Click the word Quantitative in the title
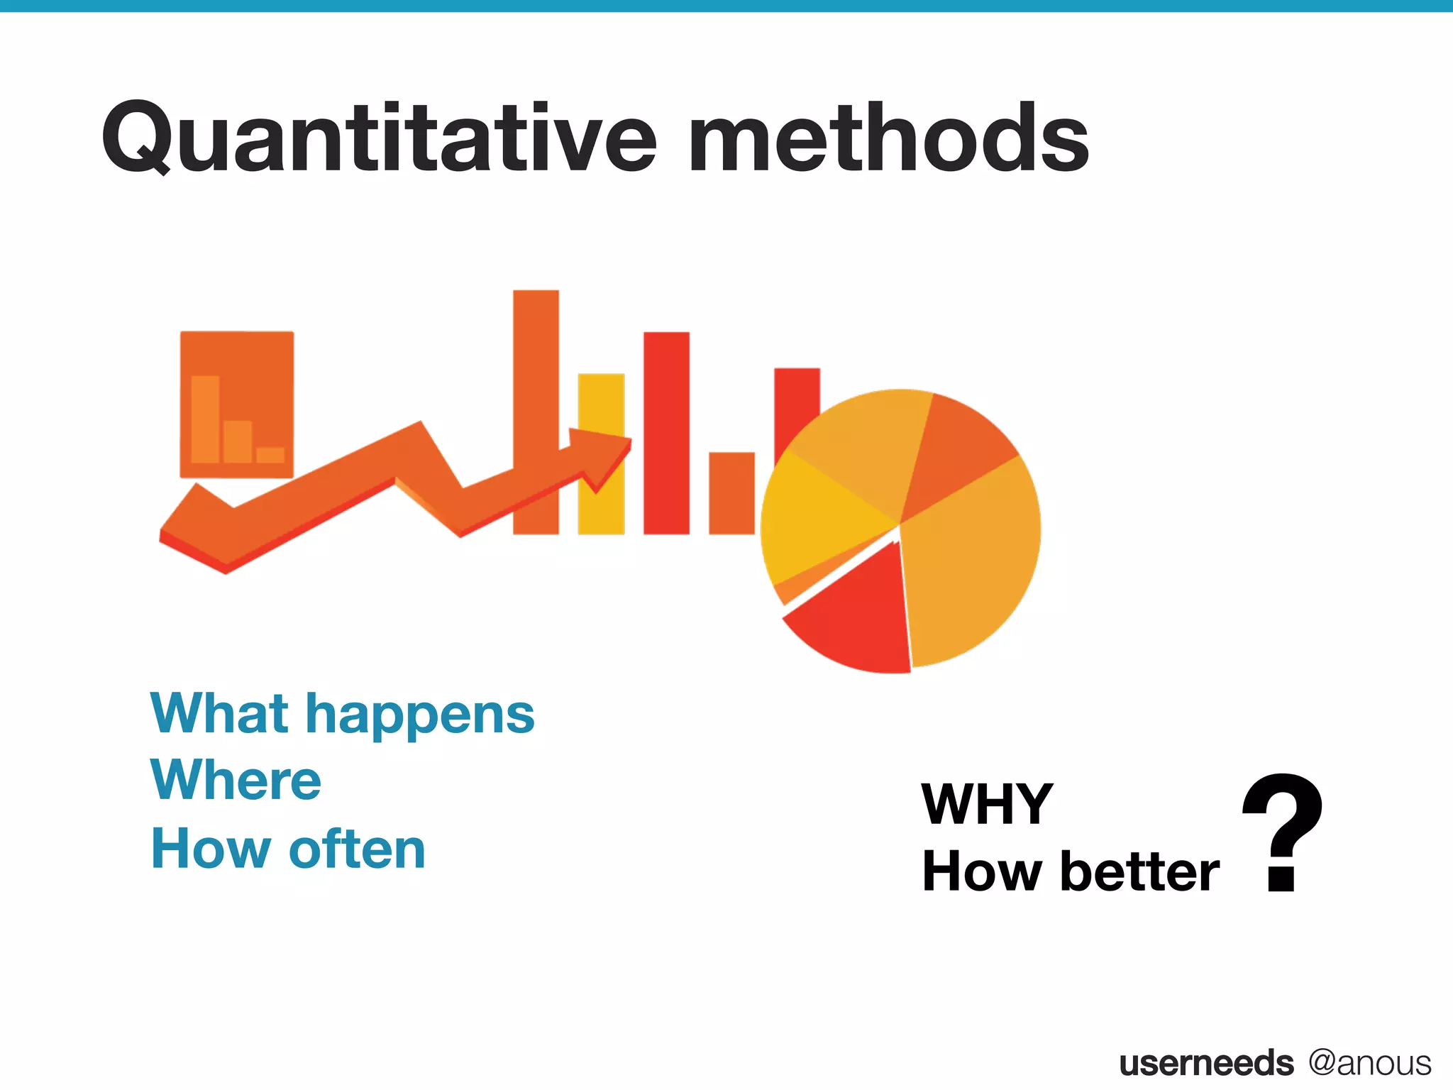[x=380, y=138]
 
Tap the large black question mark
[x=1283, y=830]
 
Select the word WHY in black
[x=987, y=804]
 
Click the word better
[x=1139, y=871]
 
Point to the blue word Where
[x=236, y=780]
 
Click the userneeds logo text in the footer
[x=1206, y=1063]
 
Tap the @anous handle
[x=1369, y=1063]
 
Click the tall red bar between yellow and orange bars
[x=666, y=433]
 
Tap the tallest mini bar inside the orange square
[x=205, y=419]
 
